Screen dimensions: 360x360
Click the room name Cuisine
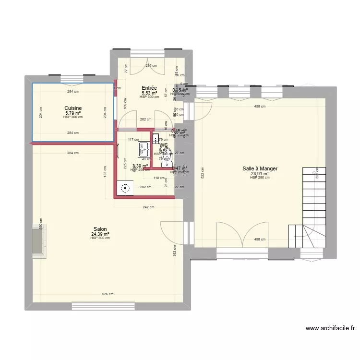(73, 108)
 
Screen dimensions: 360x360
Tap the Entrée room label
(149, 88)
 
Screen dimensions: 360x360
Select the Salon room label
(100, 229)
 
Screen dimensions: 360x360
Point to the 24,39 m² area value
(100, 234)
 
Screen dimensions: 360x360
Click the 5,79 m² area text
(73, 113)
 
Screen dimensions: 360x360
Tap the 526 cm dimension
(108, 294)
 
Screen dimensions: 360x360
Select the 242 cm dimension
(148, 207)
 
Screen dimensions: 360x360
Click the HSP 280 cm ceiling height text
(260, 178)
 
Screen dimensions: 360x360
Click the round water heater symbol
(126, 189)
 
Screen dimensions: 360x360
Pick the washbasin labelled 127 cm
(143, 150)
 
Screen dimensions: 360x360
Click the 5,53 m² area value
(149, 93)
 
